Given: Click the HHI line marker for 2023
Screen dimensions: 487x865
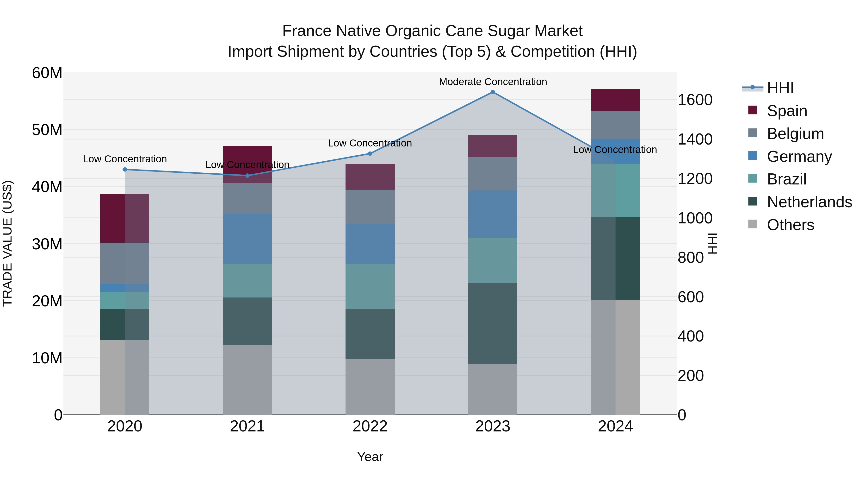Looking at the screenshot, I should (493, 92).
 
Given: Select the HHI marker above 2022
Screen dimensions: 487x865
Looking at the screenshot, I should (370, 154).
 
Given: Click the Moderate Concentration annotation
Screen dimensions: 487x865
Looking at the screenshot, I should (493, 82).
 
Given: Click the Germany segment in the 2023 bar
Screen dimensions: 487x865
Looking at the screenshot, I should (493, 214).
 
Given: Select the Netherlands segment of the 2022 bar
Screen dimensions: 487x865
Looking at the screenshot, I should (370, 334).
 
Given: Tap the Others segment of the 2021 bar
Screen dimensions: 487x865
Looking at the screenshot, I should (247, 380).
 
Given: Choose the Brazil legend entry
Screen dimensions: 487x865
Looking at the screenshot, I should (786, 179).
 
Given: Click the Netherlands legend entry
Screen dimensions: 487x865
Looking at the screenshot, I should (809, 202).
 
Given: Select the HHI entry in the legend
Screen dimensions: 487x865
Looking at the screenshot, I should (780, 88).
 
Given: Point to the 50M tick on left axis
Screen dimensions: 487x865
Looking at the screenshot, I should (47, 130).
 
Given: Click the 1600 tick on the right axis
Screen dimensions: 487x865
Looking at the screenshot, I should (695, 100).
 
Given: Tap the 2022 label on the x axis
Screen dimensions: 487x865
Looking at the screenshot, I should (370, 426).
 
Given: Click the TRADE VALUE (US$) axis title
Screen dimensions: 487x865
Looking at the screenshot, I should (7, 243).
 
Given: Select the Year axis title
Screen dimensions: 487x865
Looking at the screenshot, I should (370, 457).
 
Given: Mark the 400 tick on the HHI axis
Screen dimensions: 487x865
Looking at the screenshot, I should (690, 336).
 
